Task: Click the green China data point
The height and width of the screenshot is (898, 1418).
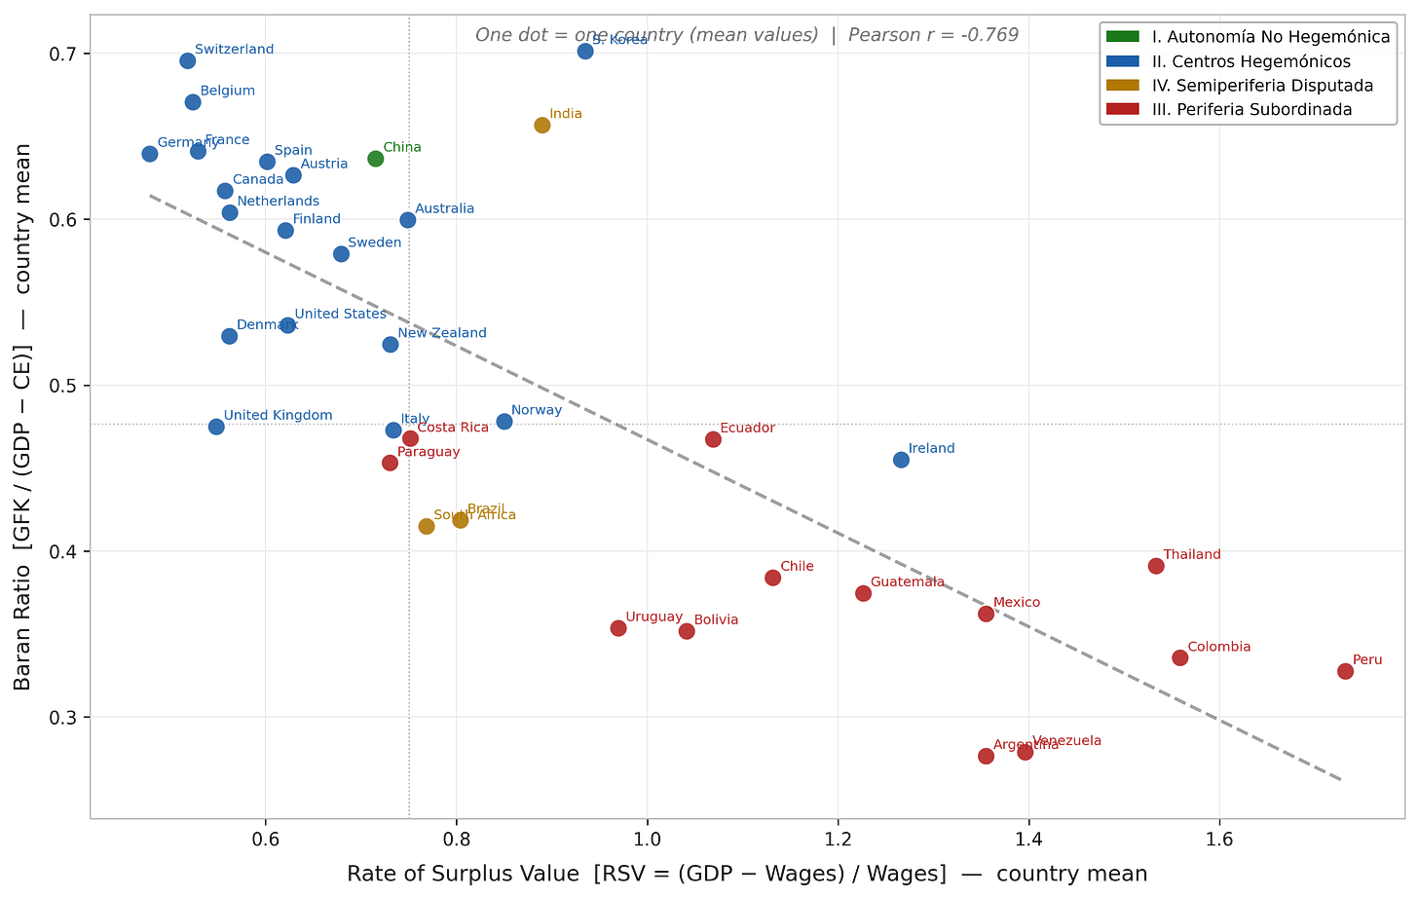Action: [x=376, y=158]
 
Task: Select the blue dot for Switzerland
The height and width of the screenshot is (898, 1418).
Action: [x=188, y=61]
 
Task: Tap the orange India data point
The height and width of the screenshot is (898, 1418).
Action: [x=541, y=125]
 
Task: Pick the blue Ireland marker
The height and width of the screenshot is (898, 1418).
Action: [x=901, y=459]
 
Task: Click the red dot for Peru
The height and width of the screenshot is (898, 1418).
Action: [x=1345, y=671]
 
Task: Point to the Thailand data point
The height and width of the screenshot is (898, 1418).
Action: [x=1156, y=566]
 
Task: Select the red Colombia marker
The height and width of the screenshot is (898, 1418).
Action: [x=1180, y=657]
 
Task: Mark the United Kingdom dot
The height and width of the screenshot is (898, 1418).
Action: [x=216, y=427]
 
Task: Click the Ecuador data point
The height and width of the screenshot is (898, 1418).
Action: [x=713, y=439]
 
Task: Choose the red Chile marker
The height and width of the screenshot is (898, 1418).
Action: [x=772, y=578]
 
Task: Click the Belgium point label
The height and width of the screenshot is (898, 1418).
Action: [x=228, y=91]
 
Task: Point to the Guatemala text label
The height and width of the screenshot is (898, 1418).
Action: [x=907, y=581]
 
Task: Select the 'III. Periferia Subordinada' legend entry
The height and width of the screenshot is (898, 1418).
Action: [x=1251, y=109]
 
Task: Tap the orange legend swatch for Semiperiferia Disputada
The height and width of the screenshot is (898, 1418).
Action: [x=1123, y=86]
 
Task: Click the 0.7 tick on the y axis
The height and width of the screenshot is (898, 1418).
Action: [x=62, y=54]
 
